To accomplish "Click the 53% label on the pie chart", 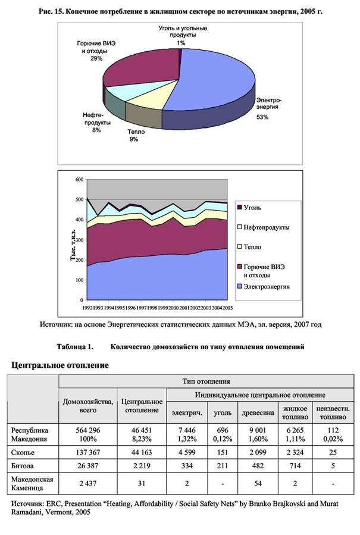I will (262, 117).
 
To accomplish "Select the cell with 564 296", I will (88, 430).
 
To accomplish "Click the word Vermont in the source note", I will (59, 513).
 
